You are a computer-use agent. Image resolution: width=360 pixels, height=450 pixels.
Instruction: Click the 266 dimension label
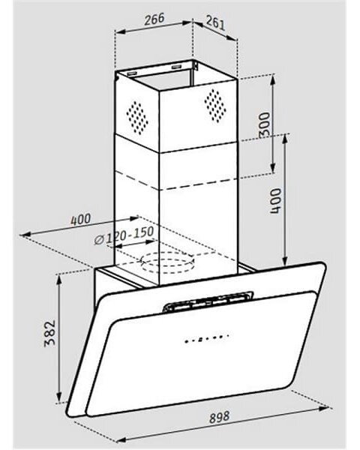click(x=154, y=19)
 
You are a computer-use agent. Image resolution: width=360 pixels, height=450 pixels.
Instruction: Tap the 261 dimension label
click(x=215, y=22)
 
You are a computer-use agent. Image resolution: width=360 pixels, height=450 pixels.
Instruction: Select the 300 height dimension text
click(x=265, y=124)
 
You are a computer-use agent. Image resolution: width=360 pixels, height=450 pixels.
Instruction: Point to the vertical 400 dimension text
click(x=275, y=201)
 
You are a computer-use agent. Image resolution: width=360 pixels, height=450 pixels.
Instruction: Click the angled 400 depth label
click(x=81, y=220)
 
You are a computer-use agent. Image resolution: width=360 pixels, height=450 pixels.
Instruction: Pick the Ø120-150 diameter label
click(x=124, y=235)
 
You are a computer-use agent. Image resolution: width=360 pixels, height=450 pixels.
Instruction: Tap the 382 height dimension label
click(x=49, y=333)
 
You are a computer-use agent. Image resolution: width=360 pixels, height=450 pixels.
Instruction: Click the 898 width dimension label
click(x=219, y=417)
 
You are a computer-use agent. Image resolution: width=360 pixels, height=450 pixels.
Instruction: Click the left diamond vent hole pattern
click(x=137, y=118)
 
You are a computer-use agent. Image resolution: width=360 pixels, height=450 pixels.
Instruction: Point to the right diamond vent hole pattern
click(x=215, y=106)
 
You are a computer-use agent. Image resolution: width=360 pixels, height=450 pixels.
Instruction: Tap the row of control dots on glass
click(x=206, y=338)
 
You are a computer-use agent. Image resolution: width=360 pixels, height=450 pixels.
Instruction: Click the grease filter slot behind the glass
click(x=208, y=302)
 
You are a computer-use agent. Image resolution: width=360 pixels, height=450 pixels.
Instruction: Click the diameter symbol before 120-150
click(x=99, y=240)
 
